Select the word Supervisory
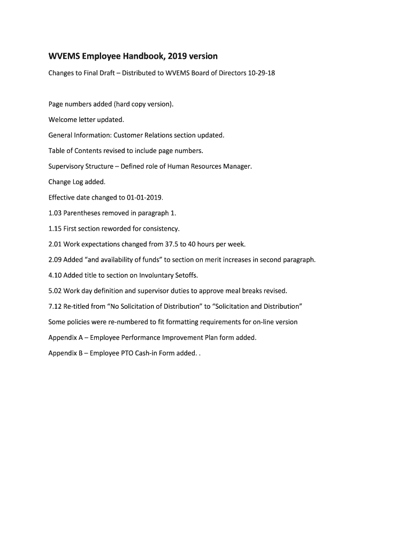[66, 166]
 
